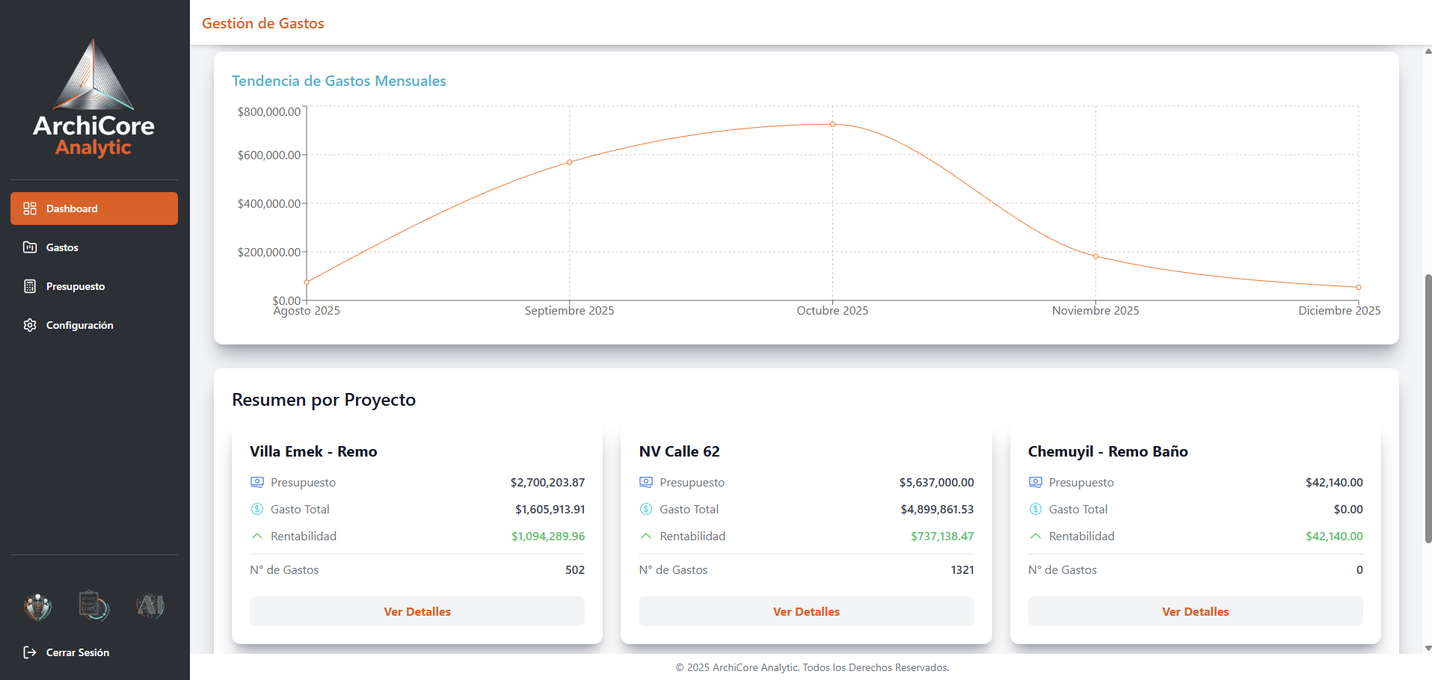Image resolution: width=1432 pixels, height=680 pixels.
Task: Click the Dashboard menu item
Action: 94,208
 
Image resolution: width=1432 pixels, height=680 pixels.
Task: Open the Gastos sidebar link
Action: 62,247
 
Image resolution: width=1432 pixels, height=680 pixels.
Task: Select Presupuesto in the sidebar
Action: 75,286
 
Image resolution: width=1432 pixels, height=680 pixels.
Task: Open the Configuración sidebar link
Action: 79,325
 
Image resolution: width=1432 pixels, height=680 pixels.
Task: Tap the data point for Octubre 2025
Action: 832,124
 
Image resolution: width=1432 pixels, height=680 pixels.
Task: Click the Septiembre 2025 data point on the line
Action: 570,162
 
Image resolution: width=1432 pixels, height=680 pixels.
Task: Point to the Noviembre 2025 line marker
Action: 1095,256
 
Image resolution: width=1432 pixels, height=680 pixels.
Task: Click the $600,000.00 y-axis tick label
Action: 269,155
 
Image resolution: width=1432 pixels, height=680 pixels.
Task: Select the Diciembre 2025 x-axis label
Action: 1339,311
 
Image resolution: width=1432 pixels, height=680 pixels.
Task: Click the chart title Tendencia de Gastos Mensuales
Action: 339,81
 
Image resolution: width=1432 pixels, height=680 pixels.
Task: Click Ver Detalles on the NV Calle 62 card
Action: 806,611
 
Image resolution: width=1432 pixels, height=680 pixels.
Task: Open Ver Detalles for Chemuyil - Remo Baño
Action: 1195,611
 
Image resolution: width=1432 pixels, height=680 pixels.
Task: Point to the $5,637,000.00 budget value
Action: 936,483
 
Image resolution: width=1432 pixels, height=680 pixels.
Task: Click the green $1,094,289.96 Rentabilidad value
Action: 548,537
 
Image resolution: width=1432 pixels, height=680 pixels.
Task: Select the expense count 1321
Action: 962,570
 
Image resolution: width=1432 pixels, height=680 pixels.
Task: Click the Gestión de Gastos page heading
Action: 263,23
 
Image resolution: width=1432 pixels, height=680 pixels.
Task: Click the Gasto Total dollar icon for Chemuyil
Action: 1036,510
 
